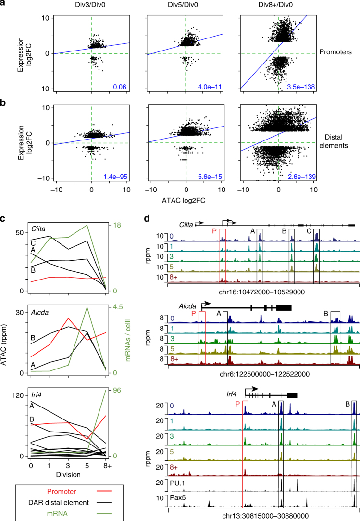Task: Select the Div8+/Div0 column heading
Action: click(x=278, y=7)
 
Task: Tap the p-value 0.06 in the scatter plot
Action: click(x=120, y=87)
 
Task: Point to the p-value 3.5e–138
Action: click(x=303, y=87)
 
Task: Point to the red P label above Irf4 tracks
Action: click(x=238, y=390)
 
